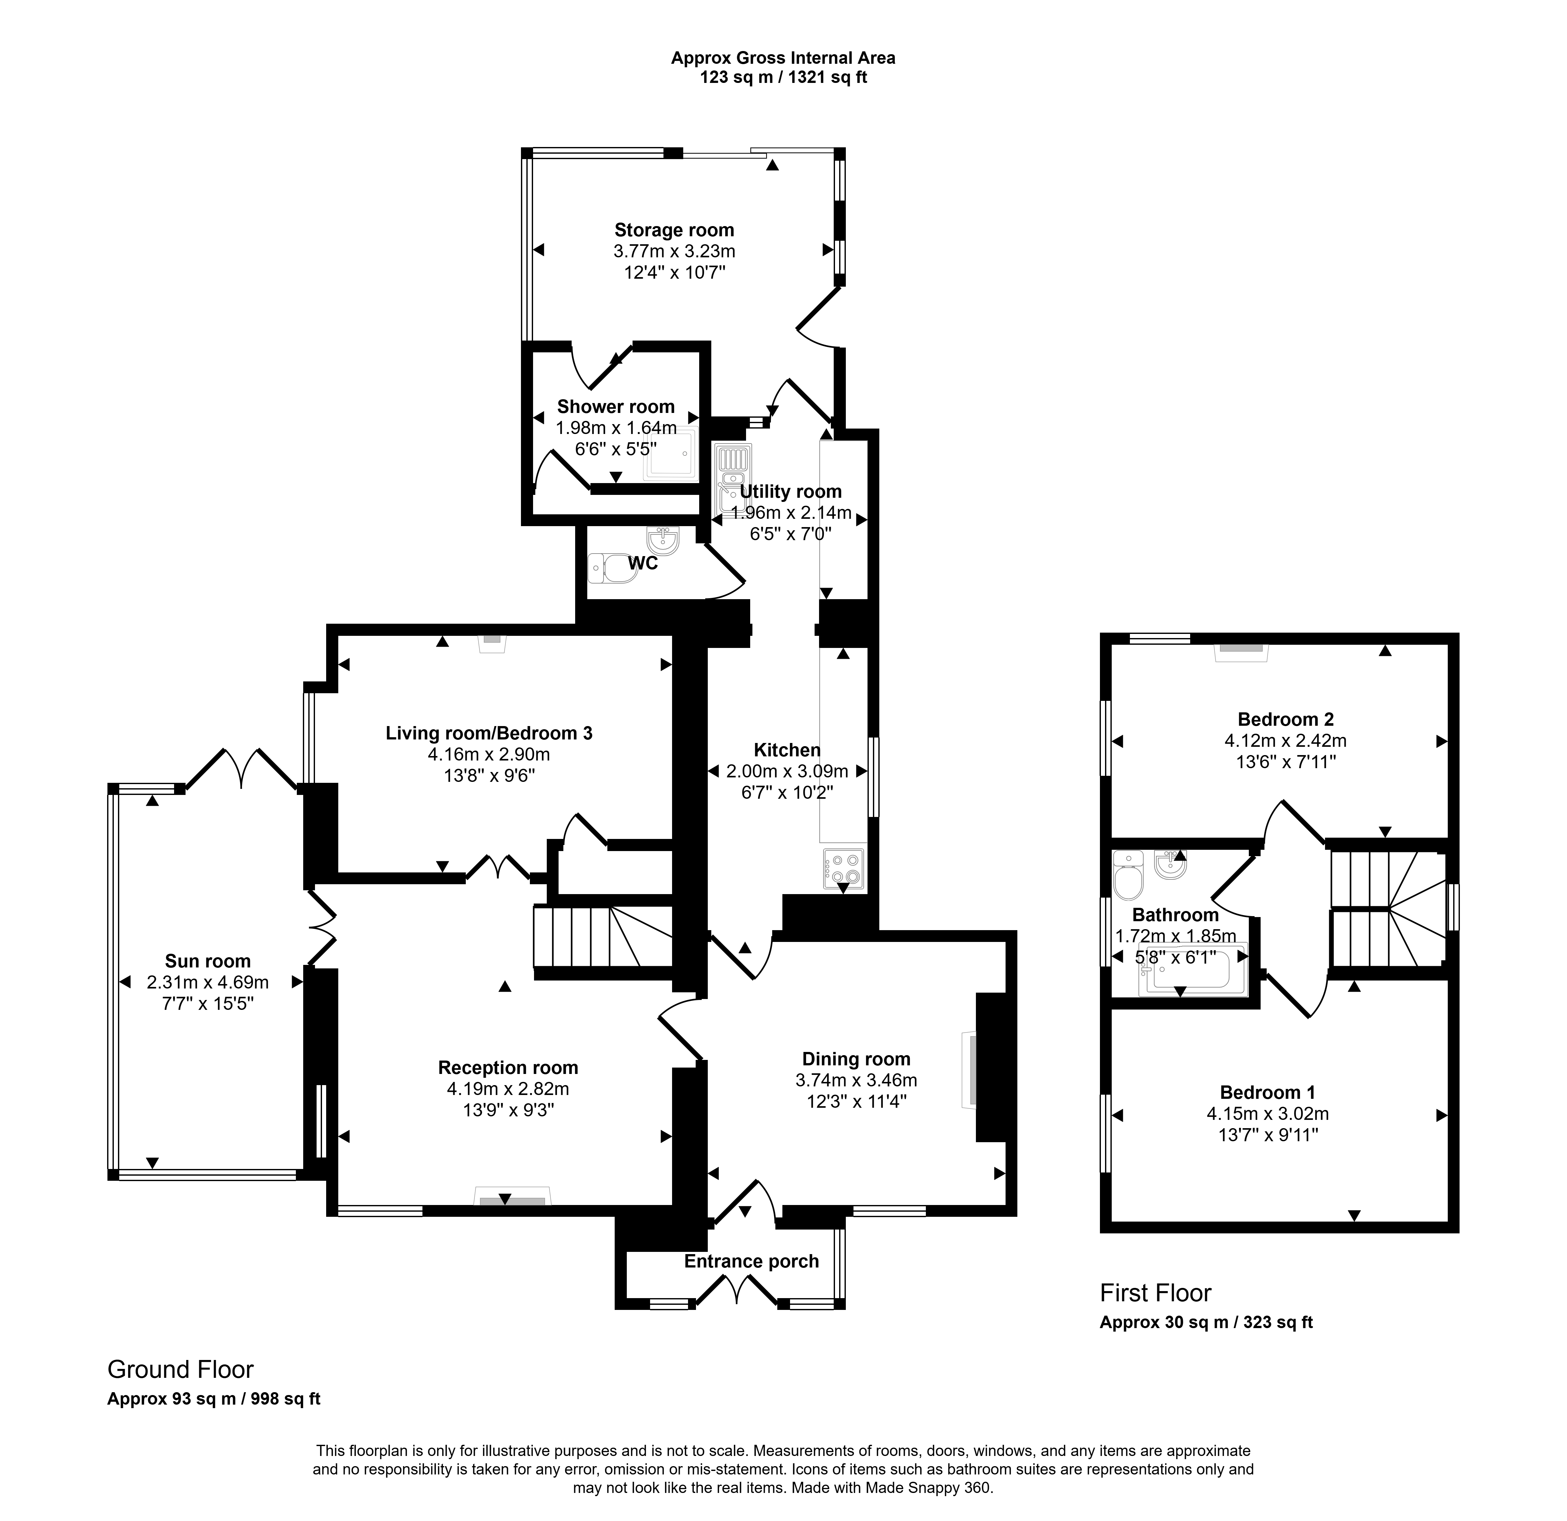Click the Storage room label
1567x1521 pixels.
(674, 230)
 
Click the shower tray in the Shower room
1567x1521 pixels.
(671, 457)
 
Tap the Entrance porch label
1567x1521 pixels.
(751, 1261)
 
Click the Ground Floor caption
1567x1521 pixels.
(181, 1370)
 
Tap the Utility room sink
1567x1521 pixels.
(733, 478)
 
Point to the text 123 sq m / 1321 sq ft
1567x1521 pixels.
(784, 77)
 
